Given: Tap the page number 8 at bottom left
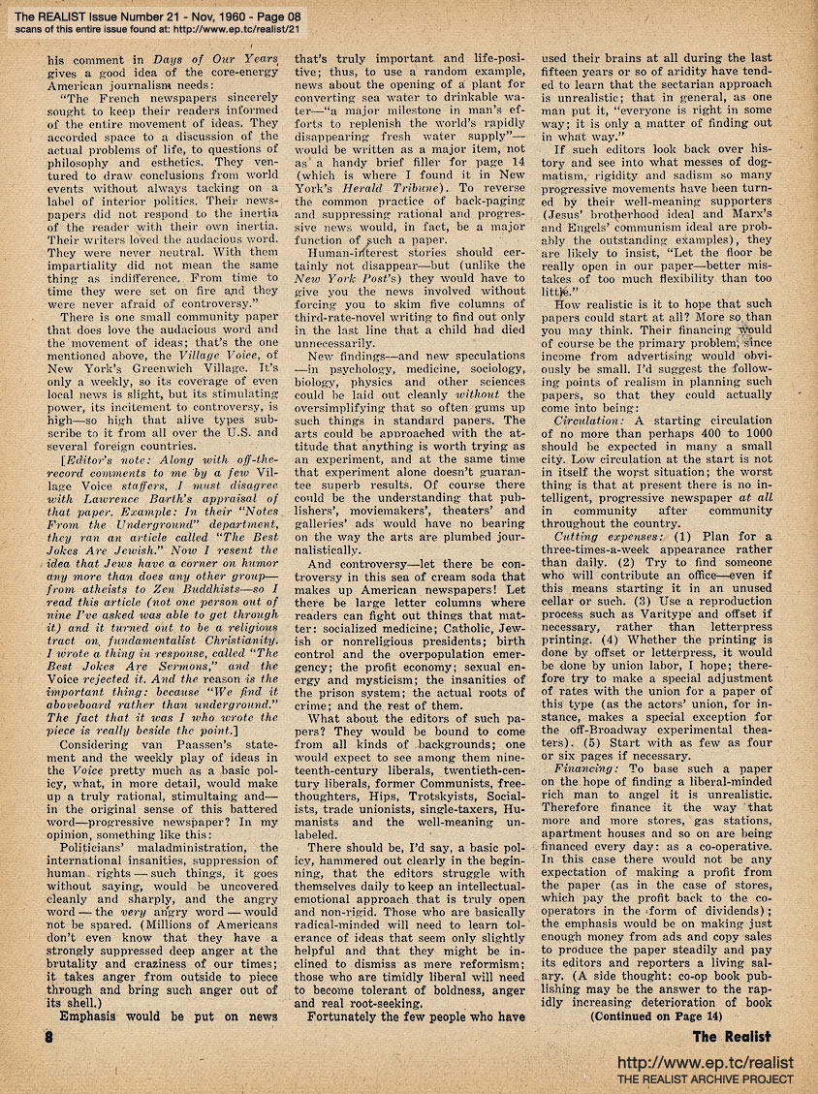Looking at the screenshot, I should pyautogui.click(x=47, y=1038).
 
